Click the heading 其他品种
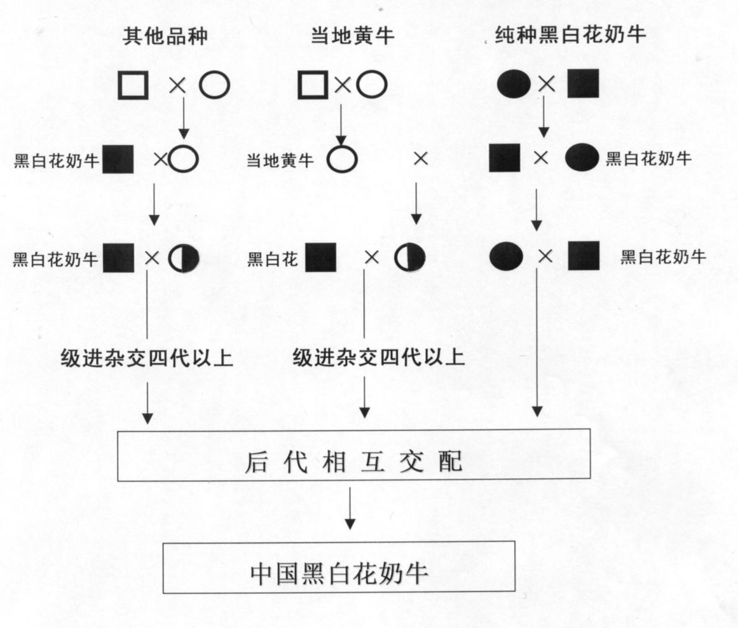pyautogui.click(x=164, y=36)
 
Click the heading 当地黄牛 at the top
pyautogui.click(x=352, y=36)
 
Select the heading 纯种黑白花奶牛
pyautogui.click(x=570, y=35)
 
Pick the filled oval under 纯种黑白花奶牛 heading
pyautogui.click(x=514, y=84)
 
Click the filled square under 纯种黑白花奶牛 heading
pyautogui.click(x=583, y=83)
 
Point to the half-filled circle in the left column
pyautogui.click(x=184, y=258)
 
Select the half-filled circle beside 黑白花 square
pyautogui.click(x=410, y=258)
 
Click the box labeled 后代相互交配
pyautogui.click(x=354, y=455)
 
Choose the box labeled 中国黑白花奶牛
pyautogui.click(x=339, y=567)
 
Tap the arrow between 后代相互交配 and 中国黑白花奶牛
pyautogui.click(x=349, y=508)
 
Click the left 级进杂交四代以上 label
pyautogui.click(x=147, y=358)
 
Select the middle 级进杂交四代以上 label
pyautogui.click(x=379, y=358)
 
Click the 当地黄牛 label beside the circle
pyautogui.click(x=280, y=161)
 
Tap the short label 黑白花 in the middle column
pyautogui.click(x=272, y=258)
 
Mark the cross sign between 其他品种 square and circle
pyautogui.click(x=178, y=86)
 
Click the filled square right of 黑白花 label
pyautogui.click(x=321, y=258)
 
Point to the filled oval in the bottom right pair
pyautogui.click(x=506, y=257)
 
